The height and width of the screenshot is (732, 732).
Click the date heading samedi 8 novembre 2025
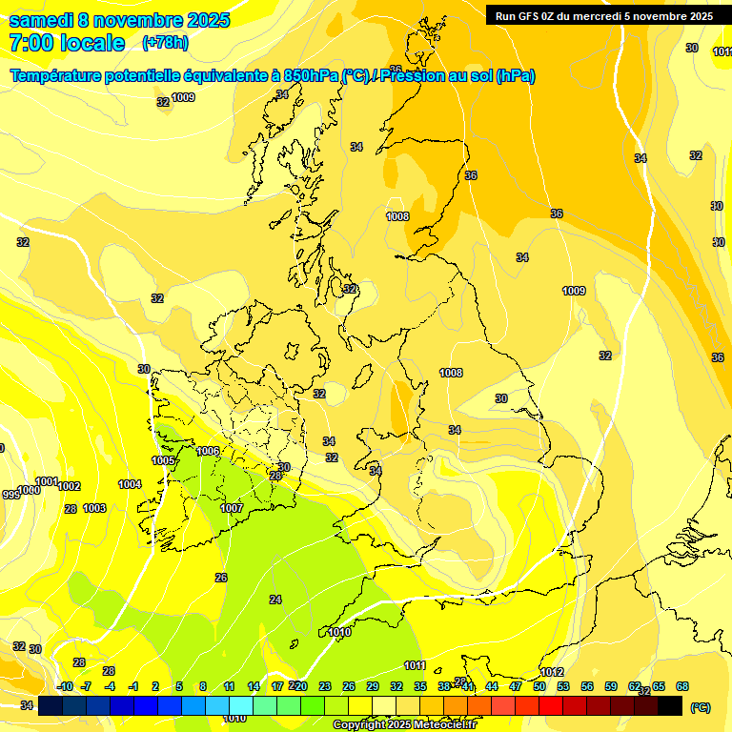tap(119, 20)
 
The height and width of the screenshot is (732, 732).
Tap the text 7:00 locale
tap(67, 43)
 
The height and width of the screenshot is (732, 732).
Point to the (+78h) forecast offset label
tap(165, 43)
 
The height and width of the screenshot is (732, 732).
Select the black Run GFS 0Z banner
tap(604, 15)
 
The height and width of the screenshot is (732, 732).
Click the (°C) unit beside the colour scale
tap(701, 707)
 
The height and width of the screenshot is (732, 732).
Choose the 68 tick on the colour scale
tap(682, 686)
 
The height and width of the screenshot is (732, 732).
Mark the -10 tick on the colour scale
tap(65, 686)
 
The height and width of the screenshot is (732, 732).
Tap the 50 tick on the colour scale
tap(539, 686)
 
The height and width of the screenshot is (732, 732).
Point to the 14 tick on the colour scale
tap(254, 686)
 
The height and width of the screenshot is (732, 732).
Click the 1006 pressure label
tap(208, 451)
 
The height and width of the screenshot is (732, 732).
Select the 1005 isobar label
tap(163, 461)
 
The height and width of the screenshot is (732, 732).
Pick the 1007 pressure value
tap(232, 508)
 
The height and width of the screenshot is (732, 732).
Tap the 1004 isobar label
tap(130, 485)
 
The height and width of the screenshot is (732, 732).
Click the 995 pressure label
tap(10, 495)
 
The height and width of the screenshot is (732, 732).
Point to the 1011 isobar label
tap(414, 665)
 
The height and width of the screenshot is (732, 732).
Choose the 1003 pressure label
tap(94, 509)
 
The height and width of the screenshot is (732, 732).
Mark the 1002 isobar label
tap(69, 486)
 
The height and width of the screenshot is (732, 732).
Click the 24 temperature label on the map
tap(275, 600)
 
